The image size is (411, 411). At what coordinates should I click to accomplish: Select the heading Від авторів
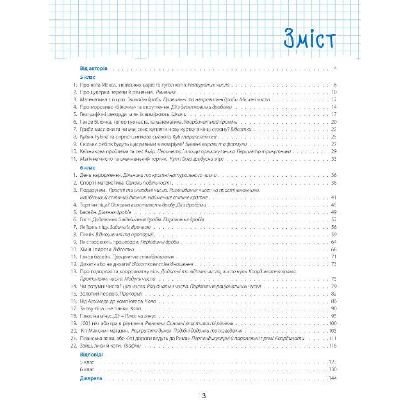[x=94, y=68]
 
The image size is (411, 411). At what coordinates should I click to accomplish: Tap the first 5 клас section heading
[x=87, y=77]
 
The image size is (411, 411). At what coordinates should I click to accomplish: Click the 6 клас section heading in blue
[x=87, y=168]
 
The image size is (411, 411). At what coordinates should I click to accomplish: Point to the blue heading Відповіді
[x=91, y=354]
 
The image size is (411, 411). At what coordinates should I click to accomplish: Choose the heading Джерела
[x=91, y=378]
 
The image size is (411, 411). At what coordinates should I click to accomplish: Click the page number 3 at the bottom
[x=204, y=396]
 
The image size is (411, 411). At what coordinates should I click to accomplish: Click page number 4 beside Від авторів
[x=335, y=68]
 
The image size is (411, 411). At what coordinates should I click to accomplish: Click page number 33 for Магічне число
[x=334, y=159]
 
